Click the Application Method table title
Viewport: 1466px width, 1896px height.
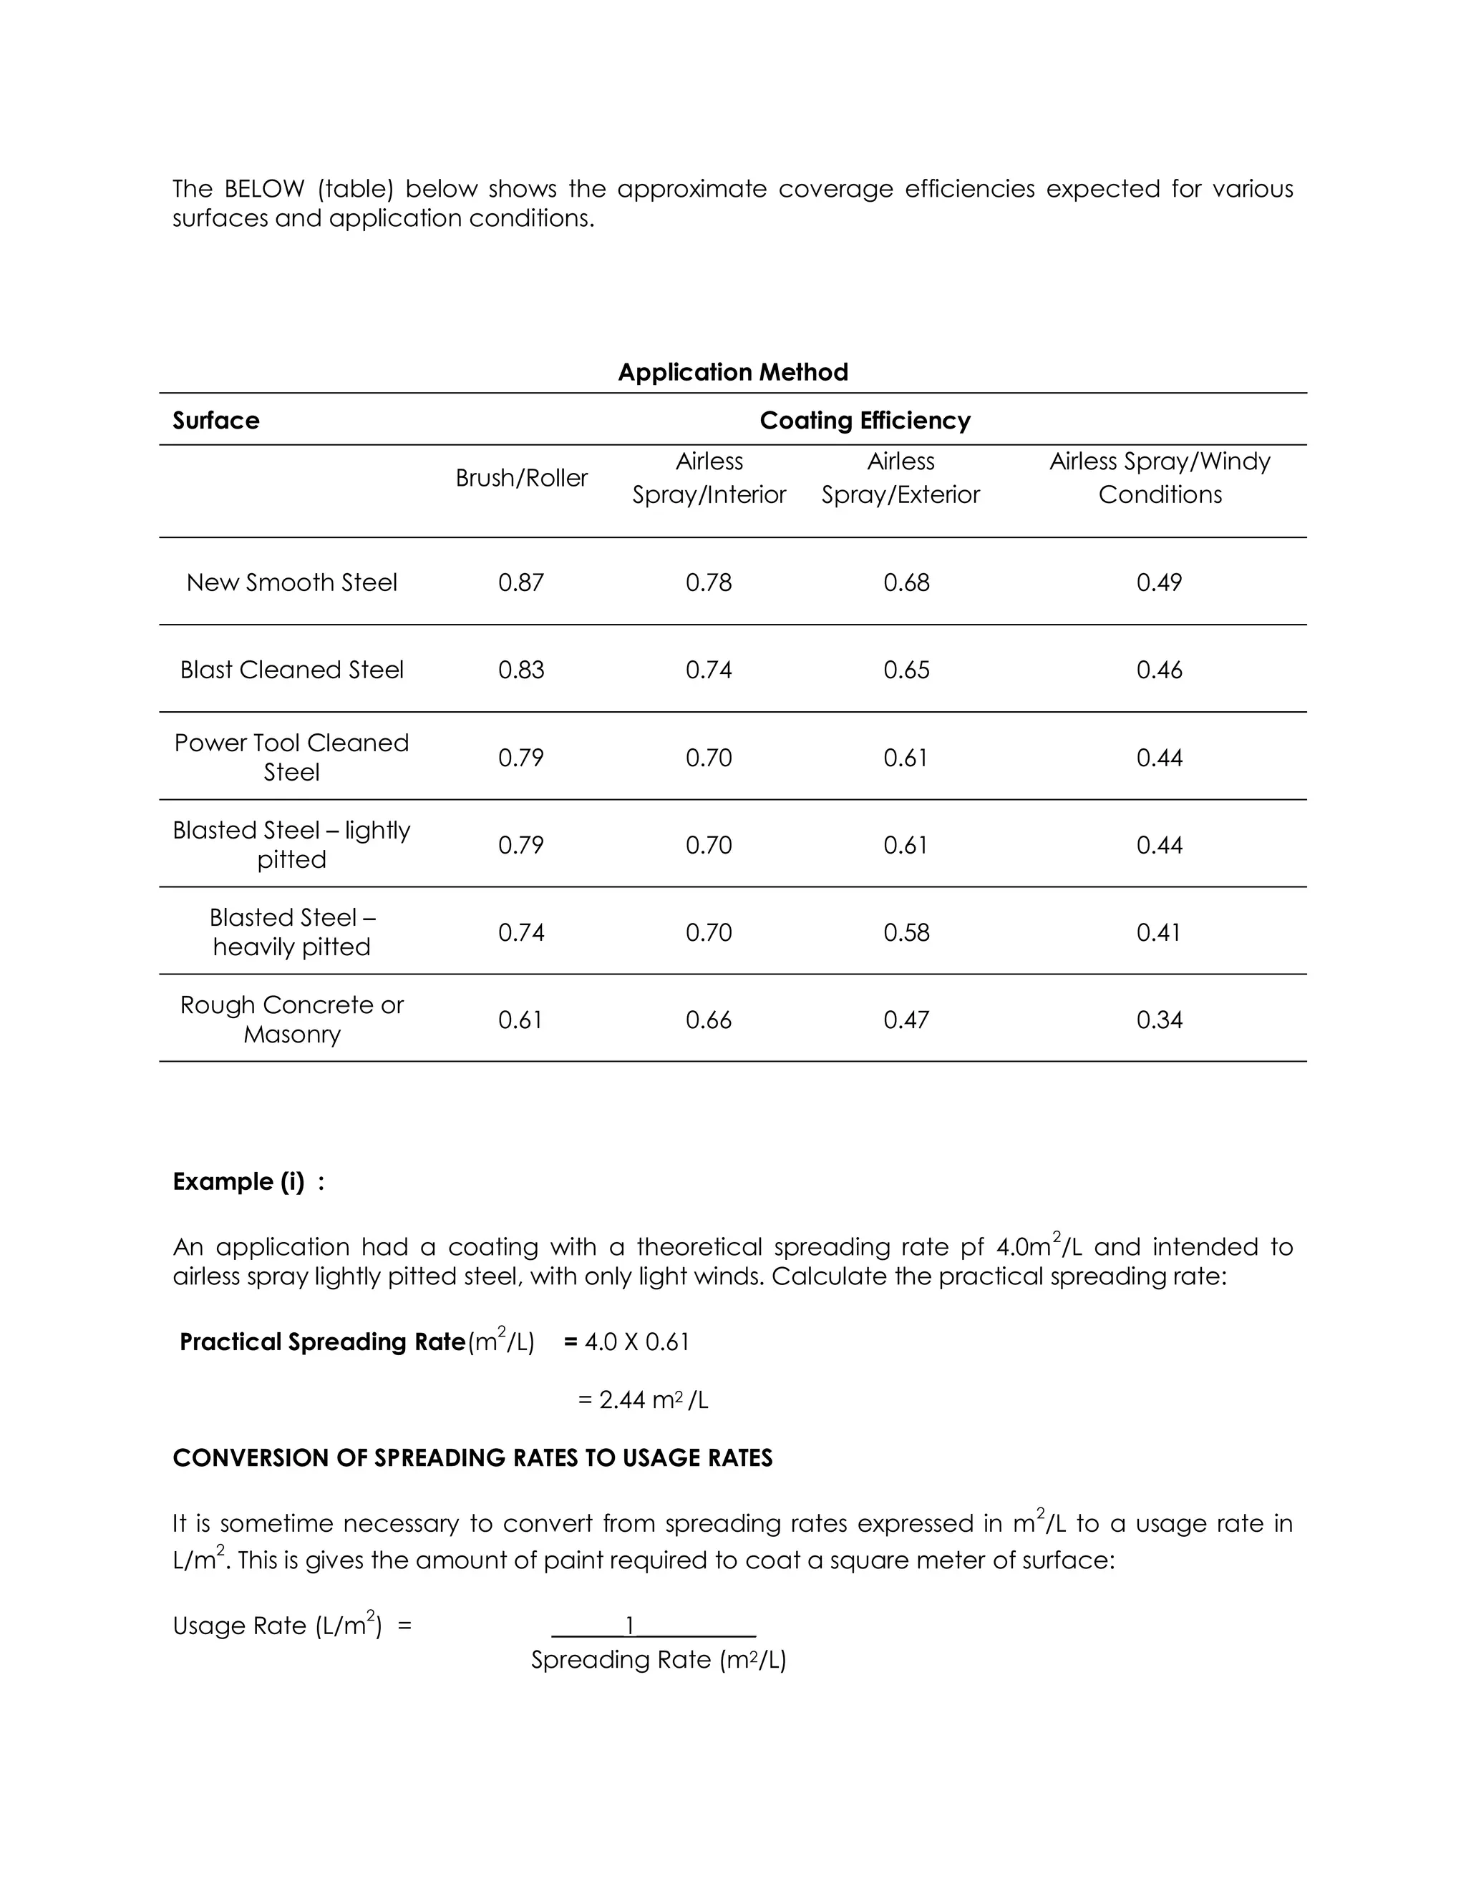(x=732, y=373)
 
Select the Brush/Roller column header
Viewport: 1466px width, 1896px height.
(x=521, y=477)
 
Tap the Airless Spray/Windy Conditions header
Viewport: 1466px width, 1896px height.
(x=1160, y=477)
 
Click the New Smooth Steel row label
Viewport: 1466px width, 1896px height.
(x=292, y=582)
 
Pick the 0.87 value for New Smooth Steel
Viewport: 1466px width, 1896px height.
(x=521, y=582)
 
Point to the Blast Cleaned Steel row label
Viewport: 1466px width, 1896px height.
(x=292, y=670)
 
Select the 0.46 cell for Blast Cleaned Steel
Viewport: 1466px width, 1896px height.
(x=1160, y=670)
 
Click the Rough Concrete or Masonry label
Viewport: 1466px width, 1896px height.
(x=292, y=1019)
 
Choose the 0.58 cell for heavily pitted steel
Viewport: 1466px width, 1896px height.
(x=906, y=932)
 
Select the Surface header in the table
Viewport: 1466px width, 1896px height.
(x=216, y=421)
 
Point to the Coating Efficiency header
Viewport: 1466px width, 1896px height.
(x=865, y=421)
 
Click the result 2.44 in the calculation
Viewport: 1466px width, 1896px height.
(x=622, y=1400)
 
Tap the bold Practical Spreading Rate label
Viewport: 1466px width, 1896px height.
(x=322, y=1342)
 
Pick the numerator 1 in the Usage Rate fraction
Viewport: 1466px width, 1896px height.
(x=631, y=1625)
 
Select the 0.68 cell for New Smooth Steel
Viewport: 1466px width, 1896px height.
(x=906, y=582)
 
